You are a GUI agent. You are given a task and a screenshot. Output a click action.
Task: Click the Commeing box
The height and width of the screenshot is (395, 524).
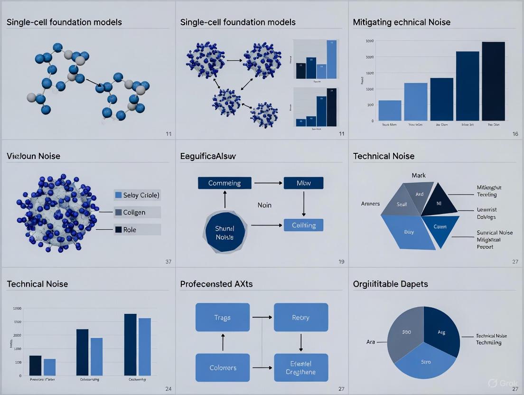[x=225, y=183]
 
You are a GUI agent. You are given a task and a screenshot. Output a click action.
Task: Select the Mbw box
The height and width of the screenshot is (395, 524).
[x=303, y=183]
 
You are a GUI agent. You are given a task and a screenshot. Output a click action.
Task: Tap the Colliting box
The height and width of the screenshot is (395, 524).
[x=303, y=225]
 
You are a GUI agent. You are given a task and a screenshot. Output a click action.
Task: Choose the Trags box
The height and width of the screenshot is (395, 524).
[x=222, y=317]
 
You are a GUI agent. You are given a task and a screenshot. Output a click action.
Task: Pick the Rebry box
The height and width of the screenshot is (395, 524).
[x=301, y=317]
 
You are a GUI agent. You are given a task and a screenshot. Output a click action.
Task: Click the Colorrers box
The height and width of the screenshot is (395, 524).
[x=223, y=367]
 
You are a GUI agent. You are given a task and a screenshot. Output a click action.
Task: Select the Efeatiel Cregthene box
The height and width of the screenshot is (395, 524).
[x=301, y=368]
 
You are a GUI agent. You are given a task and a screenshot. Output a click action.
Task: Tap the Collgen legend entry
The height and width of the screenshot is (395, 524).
[x=137, y=212]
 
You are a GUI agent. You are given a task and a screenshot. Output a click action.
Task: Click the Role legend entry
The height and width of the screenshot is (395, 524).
[x=137, y=230]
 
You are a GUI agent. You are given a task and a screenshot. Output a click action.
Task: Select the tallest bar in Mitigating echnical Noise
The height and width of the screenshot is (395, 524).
[x=493, y=81]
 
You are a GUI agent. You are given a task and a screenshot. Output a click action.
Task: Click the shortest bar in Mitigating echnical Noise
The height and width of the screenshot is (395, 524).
[x=390, y=110]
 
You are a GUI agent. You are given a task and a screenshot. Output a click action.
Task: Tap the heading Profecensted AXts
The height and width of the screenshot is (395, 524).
[x=216, y=284]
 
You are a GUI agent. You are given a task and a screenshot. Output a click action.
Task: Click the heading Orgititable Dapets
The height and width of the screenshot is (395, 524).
[x=390, y=284]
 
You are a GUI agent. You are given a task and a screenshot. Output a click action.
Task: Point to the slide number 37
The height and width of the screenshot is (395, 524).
[x=168, y=262]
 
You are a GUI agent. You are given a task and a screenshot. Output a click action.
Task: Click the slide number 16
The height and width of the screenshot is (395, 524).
[x=515, y=134]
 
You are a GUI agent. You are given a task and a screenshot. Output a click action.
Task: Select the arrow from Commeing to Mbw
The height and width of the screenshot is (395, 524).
[x=268, y=183]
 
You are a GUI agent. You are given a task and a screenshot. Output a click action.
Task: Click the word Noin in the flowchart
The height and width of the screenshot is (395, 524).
[x=264, y=205]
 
